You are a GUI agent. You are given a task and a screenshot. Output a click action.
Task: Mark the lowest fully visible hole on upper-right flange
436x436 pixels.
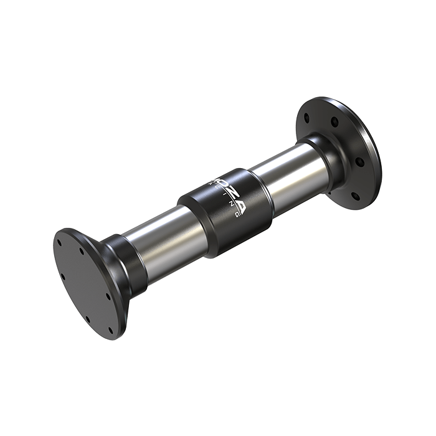pos(356,196)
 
